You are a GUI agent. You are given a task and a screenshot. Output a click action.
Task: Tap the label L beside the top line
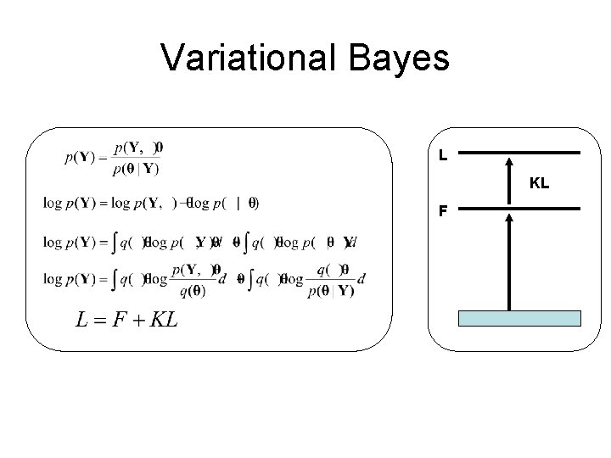click(443, 156)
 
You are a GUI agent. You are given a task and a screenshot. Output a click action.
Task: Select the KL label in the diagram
click(539, 182)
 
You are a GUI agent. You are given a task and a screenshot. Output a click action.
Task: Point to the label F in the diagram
click(443, 211)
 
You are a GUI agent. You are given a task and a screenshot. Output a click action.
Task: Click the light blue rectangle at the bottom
click(519, 318)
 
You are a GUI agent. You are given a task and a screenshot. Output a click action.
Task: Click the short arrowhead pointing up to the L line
click(508, 162)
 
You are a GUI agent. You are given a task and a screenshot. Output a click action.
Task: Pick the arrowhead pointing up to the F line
click(508, 217)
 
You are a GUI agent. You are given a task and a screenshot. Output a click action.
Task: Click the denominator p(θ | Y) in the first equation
click(136, 168)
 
